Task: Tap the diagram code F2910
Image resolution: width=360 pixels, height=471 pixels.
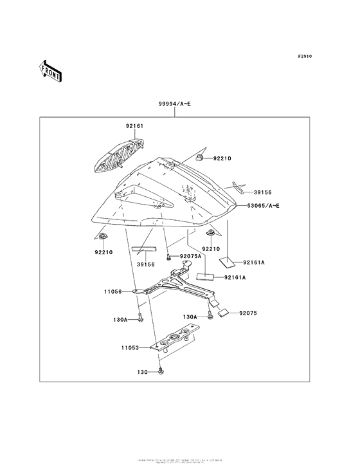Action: (304, 57)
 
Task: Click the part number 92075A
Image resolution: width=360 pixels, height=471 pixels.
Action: (190, 256)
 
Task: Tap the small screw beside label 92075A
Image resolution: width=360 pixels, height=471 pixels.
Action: (169, 257)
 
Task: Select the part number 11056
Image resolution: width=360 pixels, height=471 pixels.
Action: (113, 291)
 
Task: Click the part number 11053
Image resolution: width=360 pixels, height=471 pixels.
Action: (130, 347)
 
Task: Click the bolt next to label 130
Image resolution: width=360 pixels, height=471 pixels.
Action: (161, 371)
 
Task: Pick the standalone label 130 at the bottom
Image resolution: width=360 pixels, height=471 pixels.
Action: (143, 372)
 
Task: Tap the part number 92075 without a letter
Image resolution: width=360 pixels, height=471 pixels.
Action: (248, 313)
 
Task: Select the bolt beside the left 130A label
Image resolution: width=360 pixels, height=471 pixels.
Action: (140, 318)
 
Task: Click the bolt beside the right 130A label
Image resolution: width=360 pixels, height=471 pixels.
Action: (210, 316)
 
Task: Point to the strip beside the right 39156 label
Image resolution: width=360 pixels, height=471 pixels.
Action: (239, 189)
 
